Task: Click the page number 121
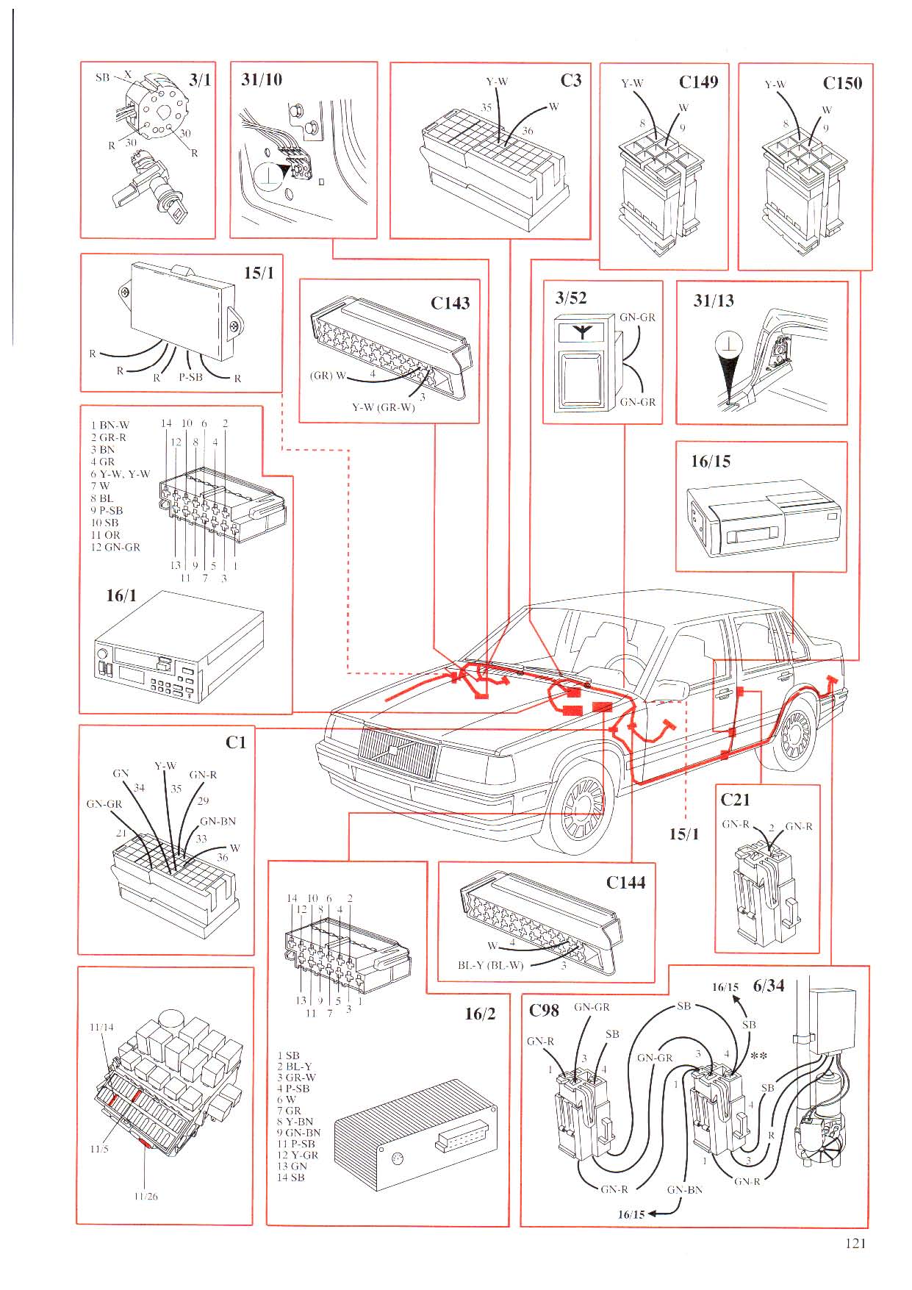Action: [855, 1244]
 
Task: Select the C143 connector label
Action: [450, 303]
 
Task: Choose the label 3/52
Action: [571, 298]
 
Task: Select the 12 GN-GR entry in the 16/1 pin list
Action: [115, 547]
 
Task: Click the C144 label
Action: [625, 882]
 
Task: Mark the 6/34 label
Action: [769, 986]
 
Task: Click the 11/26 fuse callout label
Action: [146, 1196]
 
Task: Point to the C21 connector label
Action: [735, 799]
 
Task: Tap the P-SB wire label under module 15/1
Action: [190, 377]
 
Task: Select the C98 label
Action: [544, 1010]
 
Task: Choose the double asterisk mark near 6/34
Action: [760, 1056]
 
